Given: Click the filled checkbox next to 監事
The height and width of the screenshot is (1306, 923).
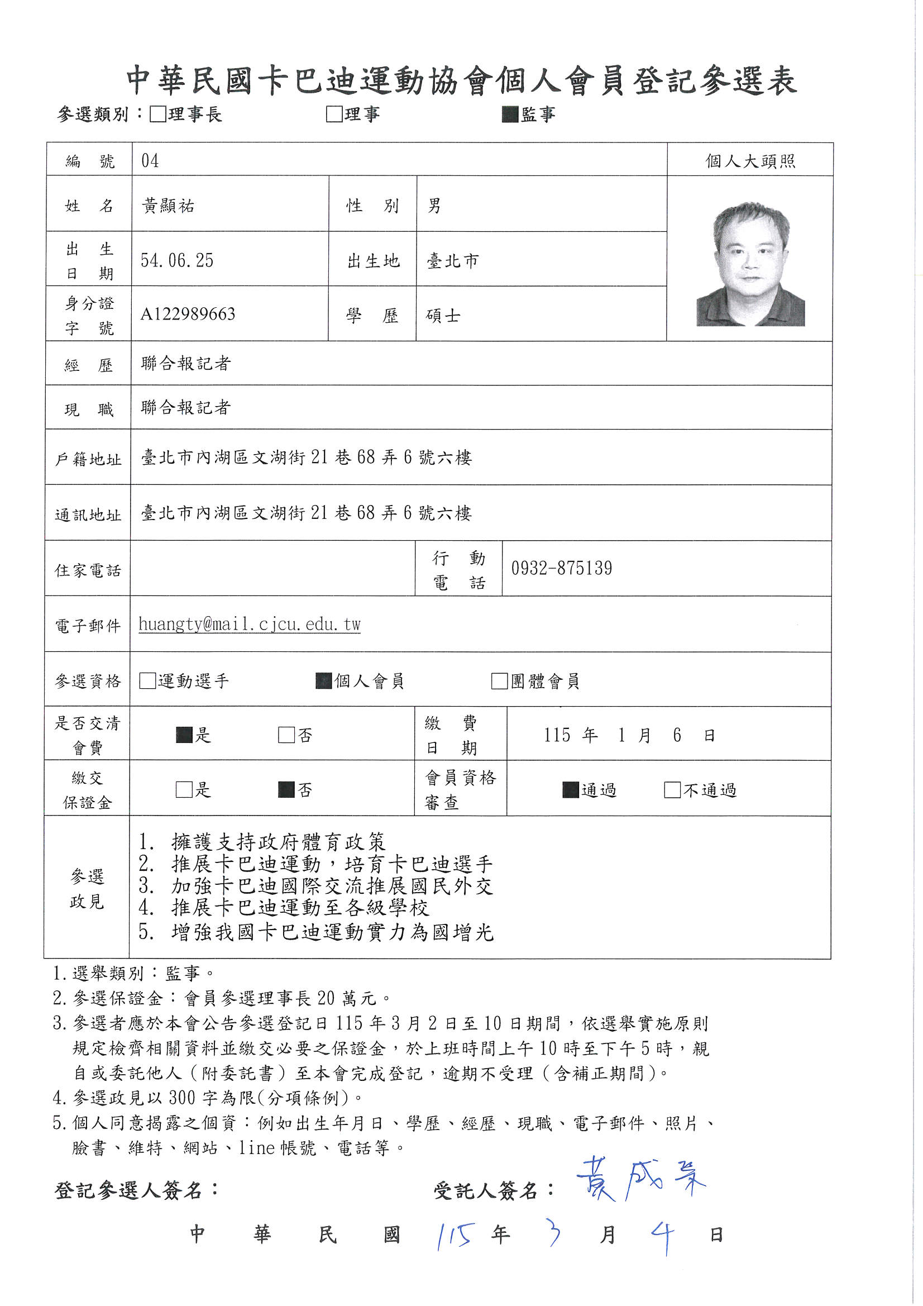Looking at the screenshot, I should coord(510,115).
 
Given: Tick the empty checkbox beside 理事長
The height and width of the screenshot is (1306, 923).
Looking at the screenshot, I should coord(157,115).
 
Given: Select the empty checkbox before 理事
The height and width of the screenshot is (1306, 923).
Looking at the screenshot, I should coord(334,115).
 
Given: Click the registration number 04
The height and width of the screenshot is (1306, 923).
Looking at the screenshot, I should coord(150,160).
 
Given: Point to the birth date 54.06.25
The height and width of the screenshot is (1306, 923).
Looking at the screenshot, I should coord(177,260).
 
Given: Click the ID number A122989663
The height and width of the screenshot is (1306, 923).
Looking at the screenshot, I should coord(188,314).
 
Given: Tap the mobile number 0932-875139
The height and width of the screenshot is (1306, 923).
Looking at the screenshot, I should coord(561,568).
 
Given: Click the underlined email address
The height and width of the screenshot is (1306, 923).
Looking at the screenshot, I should coord(250,625).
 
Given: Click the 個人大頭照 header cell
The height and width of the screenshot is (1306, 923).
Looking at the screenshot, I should coord(750,161).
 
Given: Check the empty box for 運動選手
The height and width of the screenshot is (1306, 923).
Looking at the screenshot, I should coord(147,681).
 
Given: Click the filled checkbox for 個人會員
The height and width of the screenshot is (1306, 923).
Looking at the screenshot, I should coord(324,681).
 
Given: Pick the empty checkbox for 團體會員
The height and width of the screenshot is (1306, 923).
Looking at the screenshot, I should coord(499,681).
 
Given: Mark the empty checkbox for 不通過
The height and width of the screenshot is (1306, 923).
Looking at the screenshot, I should coord(672,790).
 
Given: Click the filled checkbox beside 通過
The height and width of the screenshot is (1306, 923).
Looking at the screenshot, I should coord(571,790).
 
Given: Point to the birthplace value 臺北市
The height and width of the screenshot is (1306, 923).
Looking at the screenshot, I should coord(453,261).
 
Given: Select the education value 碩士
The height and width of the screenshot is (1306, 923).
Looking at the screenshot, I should coord(443,316).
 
